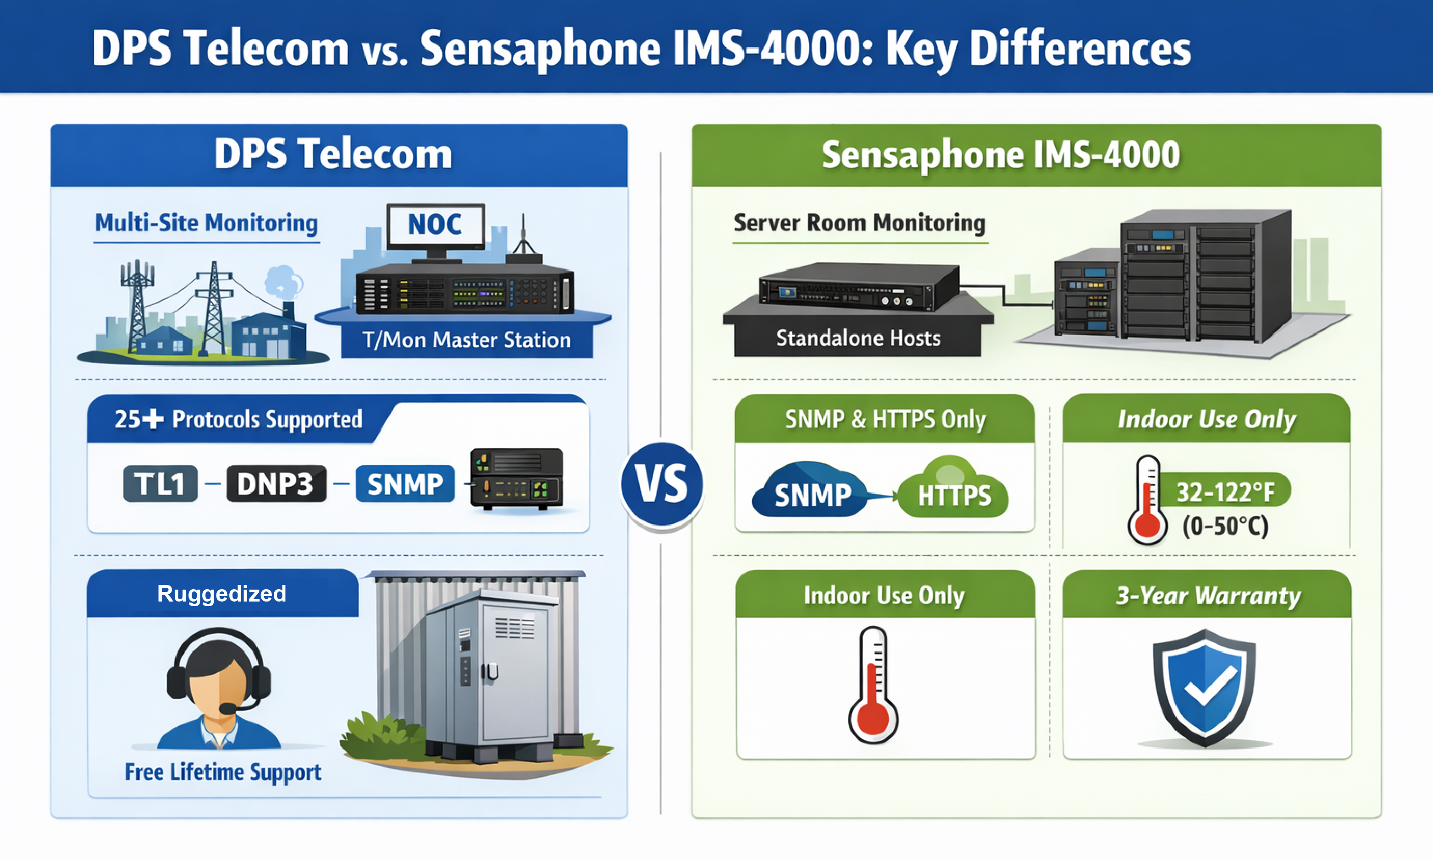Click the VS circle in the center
[662, 484]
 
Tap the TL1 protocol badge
[160, 483]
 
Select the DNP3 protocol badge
[276, 483]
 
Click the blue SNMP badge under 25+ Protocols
[405, 483]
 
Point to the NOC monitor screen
[435, 224]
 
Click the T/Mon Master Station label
[466, 340]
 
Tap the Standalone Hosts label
[858, 338]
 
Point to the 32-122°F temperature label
[1225, 492]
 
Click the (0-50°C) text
[1225, 525]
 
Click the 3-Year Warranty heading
[1208, 595]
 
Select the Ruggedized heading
[222, 594]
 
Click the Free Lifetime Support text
[223, 771]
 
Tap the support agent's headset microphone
[228, 708]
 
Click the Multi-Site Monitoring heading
[206, 223]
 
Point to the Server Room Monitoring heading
[859, 223]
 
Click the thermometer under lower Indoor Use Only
[873, 686]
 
